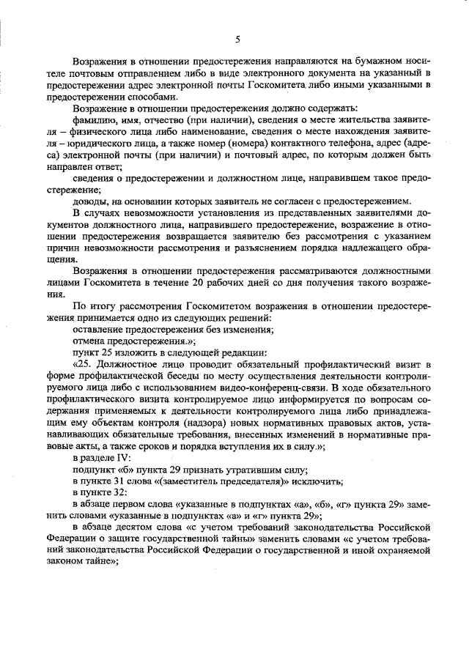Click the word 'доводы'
pyautogui.click(x=90, y=203)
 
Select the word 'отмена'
pyautogui.click(x=89, y=341)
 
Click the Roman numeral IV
pyautogui.click(x=123, y=458)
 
